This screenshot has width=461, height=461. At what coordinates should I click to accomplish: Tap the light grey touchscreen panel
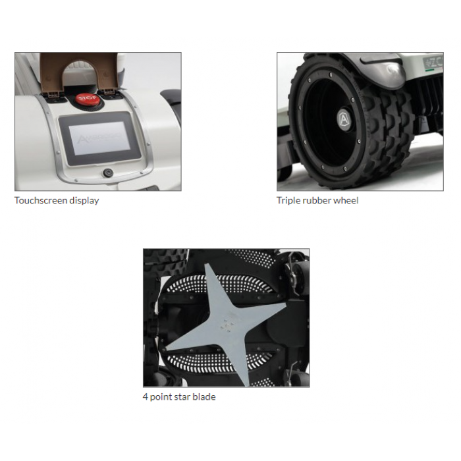pos(99,138)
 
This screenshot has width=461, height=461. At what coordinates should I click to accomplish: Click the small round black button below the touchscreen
pos(108,173)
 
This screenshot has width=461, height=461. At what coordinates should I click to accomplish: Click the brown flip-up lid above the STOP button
pos(78,70)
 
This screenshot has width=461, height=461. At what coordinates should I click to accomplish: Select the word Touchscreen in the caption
pos(41,200)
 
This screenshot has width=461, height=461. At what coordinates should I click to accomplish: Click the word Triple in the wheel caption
pos(288,201)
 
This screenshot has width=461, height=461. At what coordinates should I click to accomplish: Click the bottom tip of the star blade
pos(247,385)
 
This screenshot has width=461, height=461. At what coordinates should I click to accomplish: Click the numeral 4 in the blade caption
pos(146,397)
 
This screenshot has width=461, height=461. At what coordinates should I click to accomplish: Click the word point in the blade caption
pos(161,398)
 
